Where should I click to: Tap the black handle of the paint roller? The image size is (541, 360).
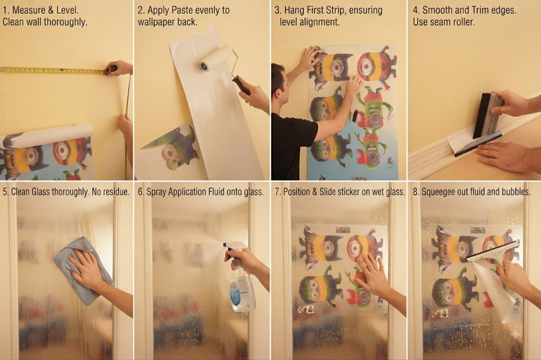click(x=241, y=85)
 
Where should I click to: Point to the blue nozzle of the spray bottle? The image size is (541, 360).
click(x=224, y=245)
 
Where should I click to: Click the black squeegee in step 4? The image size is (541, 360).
click(x=486, y=117)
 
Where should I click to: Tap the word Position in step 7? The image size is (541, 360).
click(x=297, y=192)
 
